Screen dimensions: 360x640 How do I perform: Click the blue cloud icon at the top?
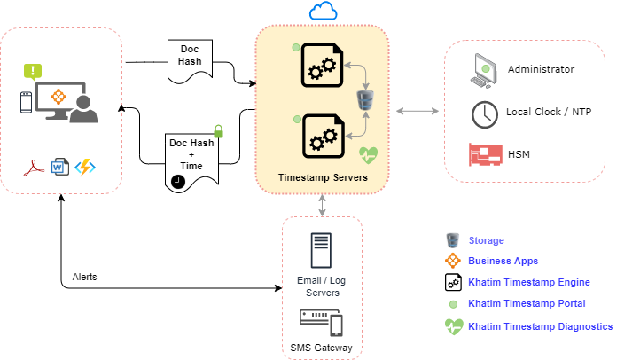click(x=324, y=12)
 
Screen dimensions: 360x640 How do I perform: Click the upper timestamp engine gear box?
click(x=323, y=65)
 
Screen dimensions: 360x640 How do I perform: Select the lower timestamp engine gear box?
click(x=323, y=136)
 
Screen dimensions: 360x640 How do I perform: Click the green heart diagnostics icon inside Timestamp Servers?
click(x=369, y=155)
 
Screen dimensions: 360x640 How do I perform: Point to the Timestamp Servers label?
click(x=323, y=177)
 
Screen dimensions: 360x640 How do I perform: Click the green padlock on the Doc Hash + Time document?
click(x=217, y=132)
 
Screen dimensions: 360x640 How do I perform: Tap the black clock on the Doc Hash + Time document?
click(x=178, y=180)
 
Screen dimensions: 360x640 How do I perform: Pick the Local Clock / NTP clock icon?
click(x=484, y=113)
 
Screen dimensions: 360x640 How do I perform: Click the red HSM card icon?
click(x=484, y=155)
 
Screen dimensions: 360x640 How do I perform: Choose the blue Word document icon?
click(x=59, y=166)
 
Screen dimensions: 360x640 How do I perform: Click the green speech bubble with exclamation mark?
click(x=33, y=71)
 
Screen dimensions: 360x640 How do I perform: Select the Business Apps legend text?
click(x=503, y=261)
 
